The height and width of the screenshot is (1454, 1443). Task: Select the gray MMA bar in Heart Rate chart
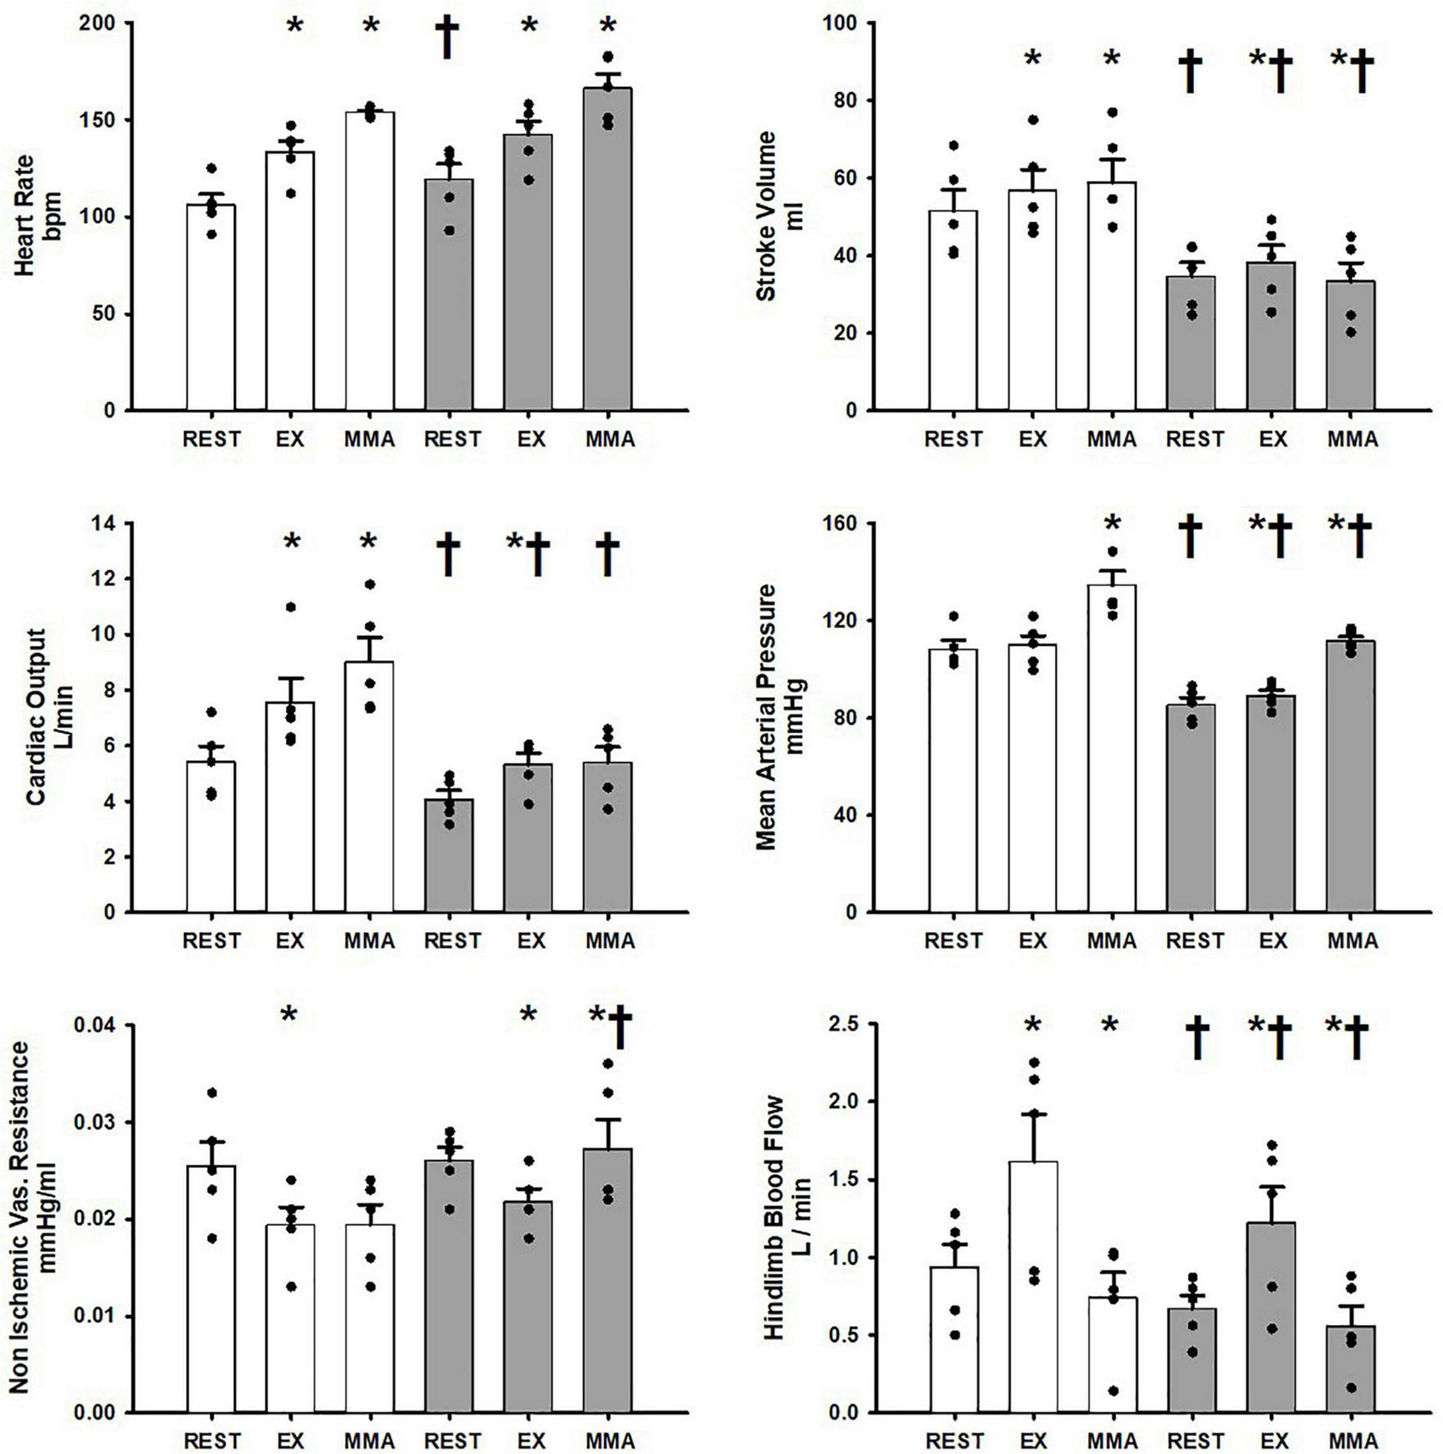tap(608, 255)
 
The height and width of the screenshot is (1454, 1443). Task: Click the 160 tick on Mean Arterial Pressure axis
tap(841, 524)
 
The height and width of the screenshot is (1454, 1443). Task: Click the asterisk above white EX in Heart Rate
tap(294, 25)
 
